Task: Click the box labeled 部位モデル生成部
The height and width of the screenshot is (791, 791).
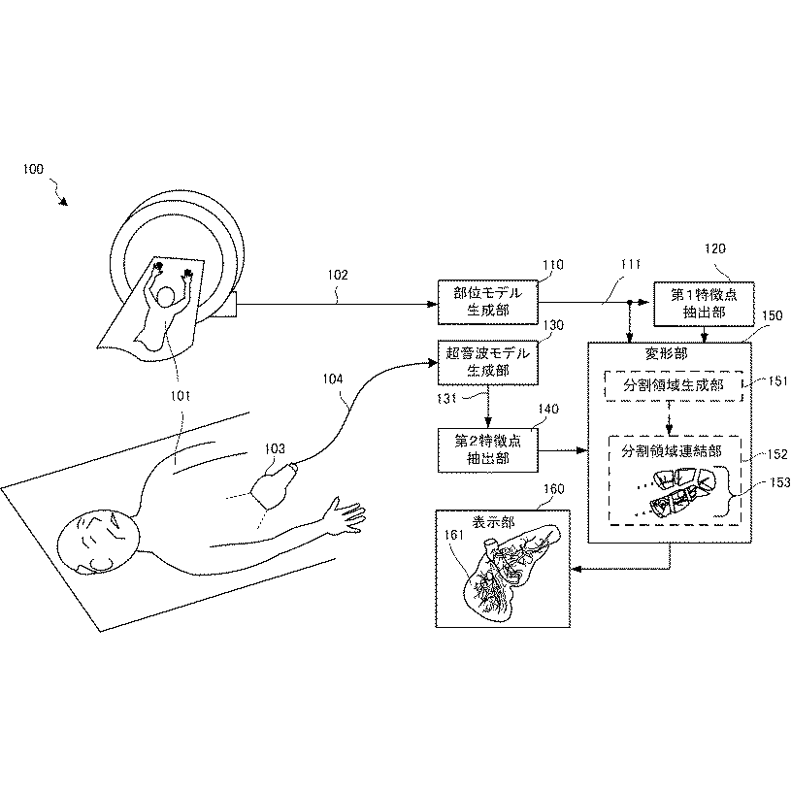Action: (x=488, y=302)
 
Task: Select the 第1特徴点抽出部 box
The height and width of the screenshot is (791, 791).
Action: (x=704, y=304)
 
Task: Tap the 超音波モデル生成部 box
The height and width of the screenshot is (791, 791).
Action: (x=488, y=362)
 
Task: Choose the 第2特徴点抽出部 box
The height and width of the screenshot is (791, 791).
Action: (x=488, y=450)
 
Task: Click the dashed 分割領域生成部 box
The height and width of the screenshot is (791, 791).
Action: (x=674, y=386)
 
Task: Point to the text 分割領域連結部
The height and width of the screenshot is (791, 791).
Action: (x=672, y=450)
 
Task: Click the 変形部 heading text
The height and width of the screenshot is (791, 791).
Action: (x=666, y=353)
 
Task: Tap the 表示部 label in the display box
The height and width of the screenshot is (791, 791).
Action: (x=493, y=522)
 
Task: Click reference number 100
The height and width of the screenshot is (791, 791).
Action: (x=33, y=169)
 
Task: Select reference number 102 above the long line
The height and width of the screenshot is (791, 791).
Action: (x=338, y=275)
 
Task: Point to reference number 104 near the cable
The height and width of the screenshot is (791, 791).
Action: (x=333, y=379)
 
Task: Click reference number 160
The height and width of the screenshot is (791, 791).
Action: (x=553, y=489)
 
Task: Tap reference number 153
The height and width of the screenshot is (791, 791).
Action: (x=780, y=482)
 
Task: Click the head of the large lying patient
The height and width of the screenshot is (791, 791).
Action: (x=98, y=543)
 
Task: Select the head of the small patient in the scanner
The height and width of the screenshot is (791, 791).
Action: (x=165, y=296)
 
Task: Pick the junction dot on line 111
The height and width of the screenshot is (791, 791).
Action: (x=630, y=302)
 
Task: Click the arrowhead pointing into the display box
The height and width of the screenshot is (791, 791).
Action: (x=577, y=569)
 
